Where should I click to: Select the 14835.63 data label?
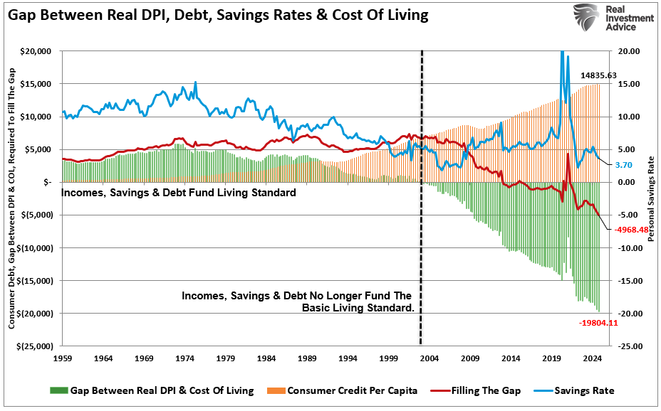point(598,75)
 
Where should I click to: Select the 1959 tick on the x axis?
point(63,359)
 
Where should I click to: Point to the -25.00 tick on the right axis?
point(628,346)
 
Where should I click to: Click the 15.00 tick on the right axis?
point(628,84)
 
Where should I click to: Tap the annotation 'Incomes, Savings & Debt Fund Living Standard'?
point(178,193)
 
